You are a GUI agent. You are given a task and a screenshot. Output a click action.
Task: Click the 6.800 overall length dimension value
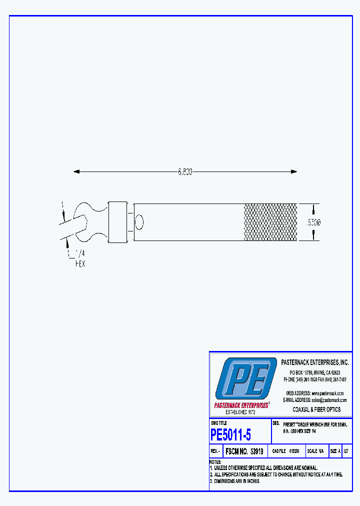coord(185,171)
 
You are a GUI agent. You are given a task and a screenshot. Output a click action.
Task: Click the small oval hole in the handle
coord(139,221)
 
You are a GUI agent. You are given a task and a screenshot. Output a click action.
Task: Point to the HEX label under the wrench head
coord(80,263)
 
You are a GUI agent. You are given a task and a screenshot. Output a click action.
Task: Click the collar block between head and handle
coord(117,221)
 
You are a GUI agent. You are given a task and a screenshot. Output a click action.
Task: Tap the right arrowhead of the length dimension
coord(293,171)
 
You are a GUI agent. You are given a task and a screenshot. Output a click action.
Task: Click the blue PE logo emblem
coord(245,378)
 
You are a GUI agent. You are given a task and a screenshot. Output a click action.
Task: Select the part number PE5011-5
coord(230,434)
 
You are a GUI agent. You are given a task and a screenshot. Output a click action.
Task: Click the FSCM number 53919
coord(244,451)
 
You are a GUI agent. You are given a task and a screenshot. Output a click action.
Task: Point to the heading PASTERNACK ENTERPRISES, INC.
coord(315,362)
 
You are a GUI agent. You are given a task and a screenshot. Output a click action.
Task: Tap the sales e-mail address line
coord(315,400)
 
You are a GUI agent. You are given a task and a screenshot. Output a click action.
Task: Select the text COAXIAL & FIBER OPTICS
coord(316,409)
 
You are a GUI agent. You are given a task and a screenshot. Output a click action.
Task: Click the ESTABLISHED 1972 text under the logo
coord(240,412)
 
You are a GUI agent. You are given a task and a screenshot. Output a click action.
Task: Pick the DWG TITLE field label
coord(218,423)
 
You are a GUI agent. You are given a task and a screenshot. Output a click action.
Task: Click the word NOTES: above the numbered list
coord(215,462)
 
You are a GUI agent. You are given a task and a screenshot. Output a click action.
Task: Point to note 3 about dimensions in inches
coord(235,481)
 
